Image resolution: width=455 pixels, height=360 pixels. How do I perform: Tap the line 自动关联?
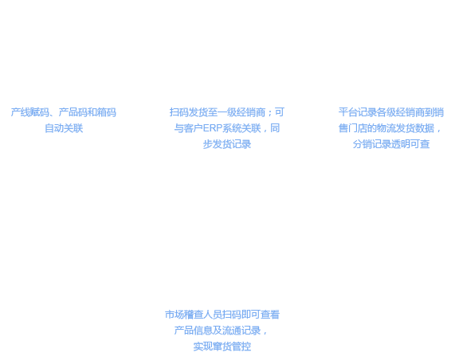(64, 128)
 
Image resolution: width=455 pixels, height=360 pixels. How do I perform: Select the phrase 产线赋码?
(30, 112)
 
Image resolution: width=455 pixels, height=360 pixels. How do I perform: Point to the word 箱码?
(107, 112)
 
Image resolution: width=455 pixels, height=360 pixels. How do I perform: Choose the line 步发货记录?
(227, 144)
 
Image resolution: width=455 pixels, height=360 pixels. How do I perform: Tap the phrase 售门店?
(353, 128)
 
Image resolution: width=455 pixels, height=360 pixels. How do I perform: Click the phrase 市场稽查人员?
(194, 314)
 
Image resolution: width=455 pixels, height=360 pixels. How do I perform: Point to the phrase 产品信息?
(194, 330)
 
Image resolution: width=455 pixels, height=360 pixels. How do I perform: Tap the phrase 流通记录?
(241, 330)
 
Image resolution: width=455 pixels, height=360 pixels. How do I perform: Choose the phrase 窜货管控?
(232, 346)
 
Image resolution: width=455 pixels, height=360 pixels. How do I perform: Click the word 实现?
(203, 346)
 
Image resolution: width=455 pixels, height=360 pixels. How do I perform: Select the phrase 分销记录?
(372, 144)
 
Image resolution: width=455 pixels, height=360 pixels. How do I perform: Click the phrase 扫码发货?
(189, 112)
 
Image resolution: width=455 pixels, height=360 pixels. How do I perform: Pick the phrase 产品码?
(73, 112)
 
